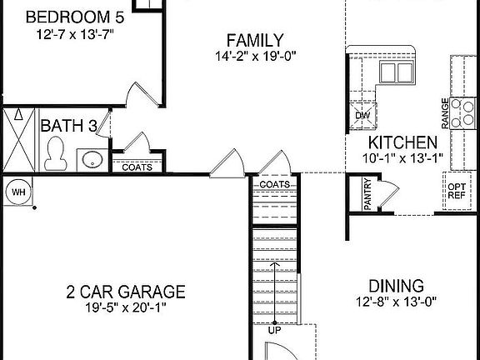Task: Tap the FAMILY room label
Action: coord(254,40)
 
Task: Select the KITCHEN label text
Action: coord(403,142)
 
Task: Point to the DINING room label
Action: coord(396,285)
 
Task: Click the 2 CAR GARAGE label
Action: coord(125,292)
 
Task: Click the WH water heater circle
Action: coord(17,192)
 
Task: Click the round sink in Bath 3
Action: coord(91,158)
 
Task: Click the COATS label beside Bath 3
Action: coord(137,167)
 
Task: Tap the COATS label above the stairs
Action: coord(273,184)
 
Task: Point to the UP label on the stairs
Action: coord(274,331)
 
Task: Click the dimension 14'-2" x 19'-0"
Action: coord(254,57)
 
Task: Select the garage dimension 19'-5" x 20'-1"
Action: coord(125,308)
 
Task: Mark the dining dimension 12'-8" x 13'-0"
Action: coord(396,302)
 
